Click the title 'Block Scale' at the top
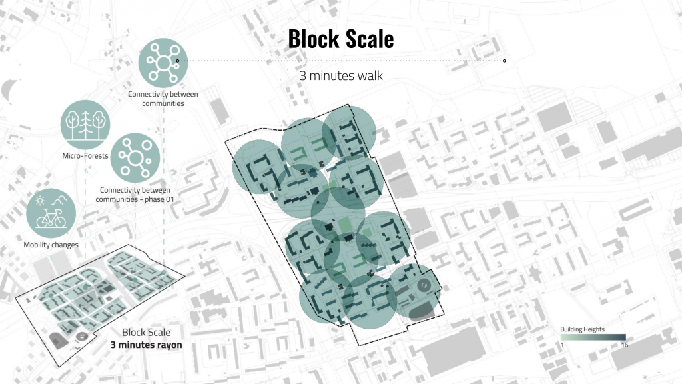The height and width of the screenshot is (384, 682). coord(340,39)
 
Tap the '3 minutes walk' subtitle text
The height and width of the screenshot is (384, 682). coord(341,76)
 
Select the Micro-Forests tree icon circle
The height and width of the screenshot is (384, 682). coord(85,125)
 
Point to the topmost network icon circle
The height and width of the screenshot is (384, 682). coord(163,61)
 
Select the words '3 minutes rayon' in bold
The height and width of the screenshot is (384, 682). coord(145,345)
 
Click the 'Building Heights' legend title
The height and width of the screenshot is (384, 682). coord(583,329)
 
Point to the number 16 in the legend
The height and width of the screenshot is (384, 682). coord(623,345)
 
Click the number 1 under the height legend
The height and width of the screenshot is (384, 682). coord(562,345)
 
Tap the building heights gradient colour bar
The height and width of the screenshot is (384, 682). coord(593,337)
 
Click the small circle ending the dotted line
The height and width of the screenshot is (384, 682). coord(504,61)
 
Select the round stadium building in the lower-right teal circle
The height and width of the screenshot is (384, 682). coord(424,285)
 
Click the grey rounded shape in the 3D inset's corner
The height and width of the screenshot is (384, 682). coord(58,339)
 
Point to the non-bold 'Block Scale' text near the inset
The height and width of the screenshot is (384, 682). coord(146,332)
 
